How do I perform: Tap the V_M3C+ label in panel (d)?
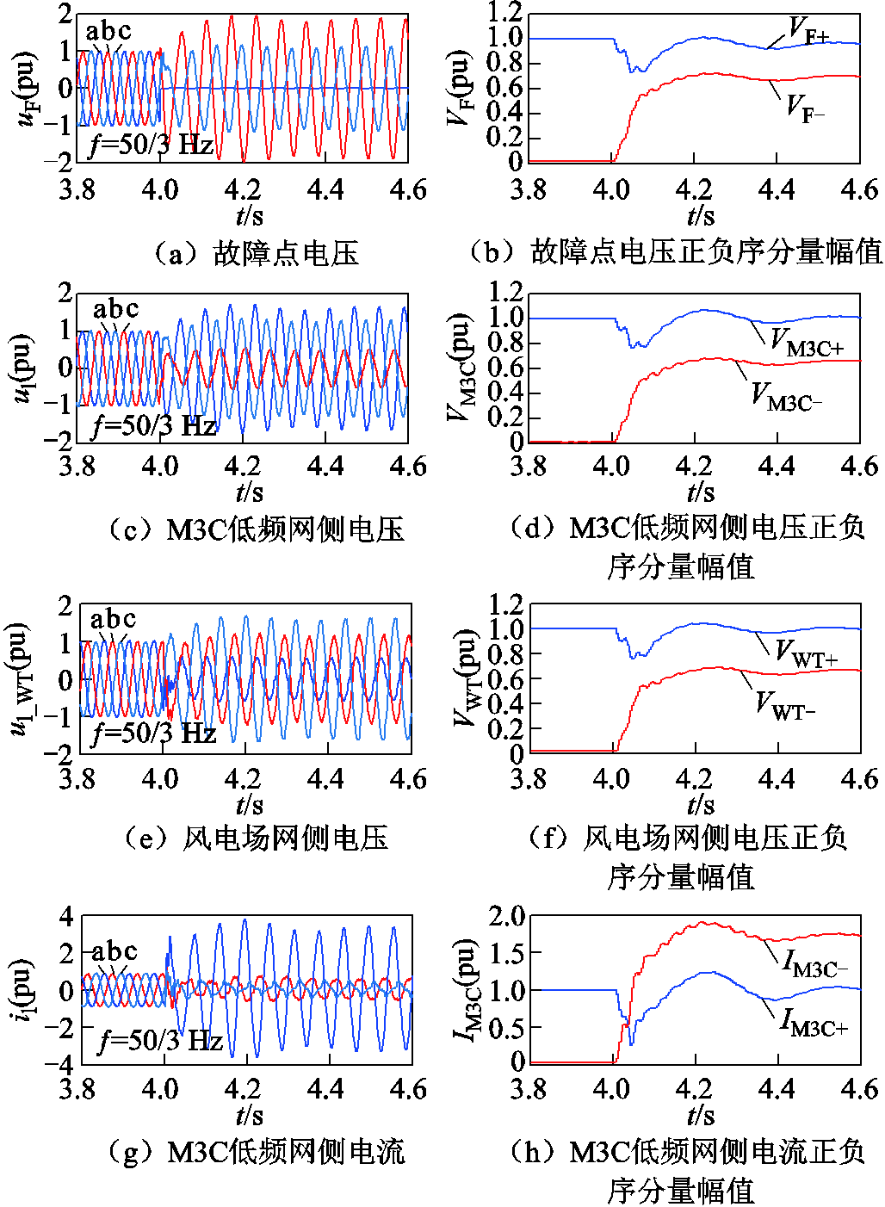coord(806,342)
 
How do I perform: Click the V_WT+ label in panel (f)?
coord(805,653)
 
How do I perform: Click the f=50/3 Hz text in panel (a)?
coord(152,144)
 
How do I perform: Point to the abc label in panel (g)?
coord(114,951)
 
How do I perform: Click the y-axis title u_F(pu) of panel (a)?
coord(28,88)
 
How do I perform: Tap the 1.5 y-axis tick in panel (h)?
coord(506,953)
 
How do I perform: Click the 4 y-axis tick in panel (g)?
coord(65,916)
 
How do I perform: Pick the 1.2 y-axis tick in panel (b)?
coord(504,12)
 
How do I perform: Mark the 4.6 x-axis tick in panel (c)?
coord(408,467)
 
